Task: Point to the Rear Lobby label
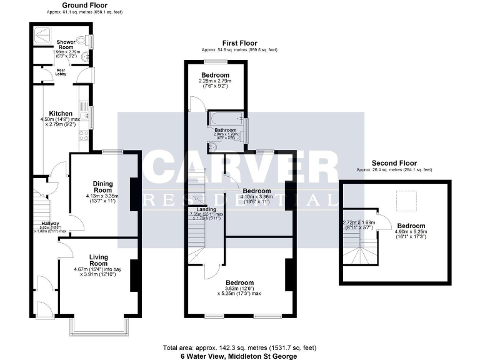61,72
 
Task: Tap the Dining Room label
102,186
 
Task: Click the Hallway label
50,224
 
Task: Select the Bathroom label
226,130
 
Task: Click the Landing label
206,209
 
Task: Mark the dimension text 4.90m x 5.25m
411,232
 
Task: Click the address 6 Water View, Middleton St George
239,355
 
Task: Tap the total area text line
239,347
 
